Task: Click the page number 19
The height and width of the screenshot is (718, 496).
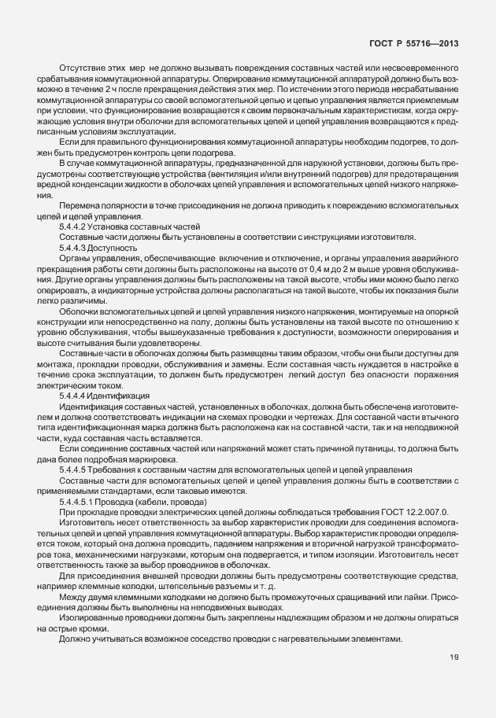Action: (454, 658)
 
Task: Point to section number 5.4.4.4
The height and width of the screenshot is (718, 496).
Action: (72, 395)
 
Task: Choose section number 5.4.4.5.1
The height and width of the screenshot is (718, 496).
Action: (76, 502)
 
